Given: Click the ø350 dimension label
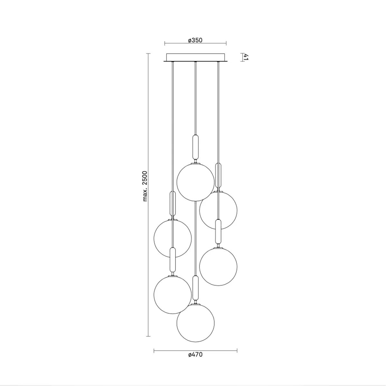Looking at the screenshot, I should (x=195, y=40).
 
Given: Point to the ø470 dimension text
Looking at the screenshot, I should (x=195, y=355).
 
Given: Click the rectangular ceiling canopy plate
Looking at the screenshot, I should (x=196, y=57).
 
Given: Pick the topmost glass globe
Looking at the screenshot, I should (x=196, y=182).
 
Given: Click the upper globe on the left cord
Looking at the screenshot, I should (x=173, y=238).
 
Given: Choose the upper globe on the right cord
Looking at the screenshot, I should (x=218, y=210).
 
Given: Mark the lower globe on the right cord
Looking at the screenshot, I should (x=218, y=266).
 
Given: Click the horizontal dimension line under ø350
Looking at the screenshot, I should (x=196, y=43).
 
